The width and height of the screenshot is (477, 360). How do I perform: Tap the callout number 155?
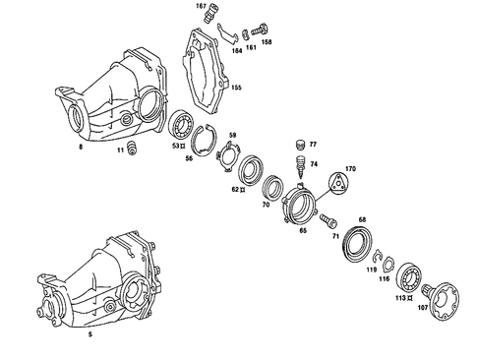coord(236,88)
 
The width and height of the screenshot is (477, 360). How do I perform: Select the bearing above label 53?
coord(183,127)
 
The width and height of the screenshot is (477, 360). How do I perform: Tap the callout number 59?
coord(233,135)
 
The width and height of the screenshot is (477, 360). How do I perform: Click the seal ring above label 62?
coord(248,164)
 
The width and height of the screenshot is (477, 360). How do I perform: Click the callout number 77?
coord(313,145)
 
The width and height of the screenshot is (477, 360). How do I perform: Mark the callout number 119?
coord(372,269)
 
